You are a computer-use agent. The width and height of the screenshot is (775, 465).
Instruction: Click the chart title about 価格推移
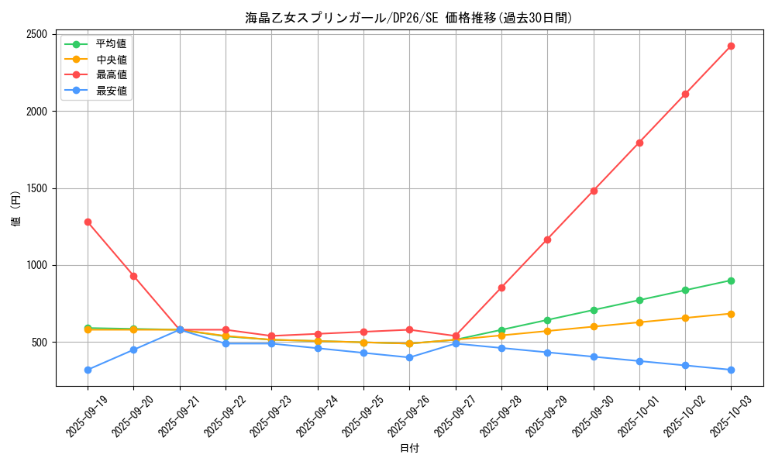tap(409, 18)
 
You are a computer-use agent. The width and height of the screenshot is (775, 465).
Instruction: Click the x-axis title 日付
tap(409, 449)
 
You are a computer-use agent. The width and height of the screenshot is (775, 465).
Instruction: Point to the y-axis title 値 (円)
tap(15, 208)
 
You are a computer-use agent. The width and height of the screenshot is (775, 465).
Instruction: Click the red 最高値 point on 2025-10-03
tap(731, 46)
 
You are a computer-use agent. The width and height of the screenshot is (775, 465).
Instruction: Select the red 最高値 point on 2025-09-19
tap(88, 222)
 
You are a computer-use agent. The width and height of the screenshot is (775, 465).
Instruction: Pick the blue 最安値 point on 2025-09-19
tap(88, 370)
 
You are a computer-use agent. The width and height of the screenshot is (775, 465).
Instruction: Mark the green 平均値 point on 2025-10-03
tap(731, 281)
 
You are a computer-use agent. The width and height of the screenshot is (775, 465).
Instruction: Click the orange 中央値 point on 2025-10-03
tap(731, 314)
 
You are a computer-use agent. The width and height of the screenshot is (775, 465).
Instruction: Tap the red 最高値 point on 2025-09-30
tap(594, 191)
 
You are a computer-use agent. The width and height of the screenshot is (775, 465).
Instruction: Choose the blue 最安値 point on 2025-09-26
tap(409, 357)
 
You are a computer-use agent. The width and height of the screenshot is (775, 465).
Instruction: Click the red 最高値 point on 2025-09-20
tap(133, 276)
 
